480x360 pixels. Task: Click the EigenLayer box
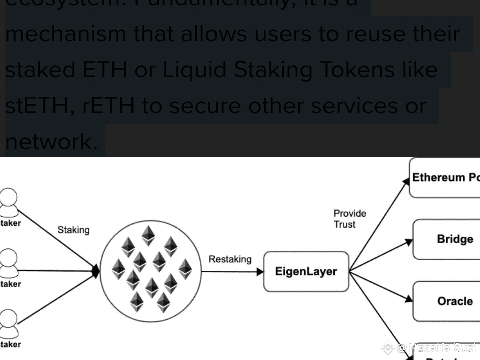(306, 272)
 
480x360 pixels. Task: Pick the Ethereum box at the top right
(445, 178)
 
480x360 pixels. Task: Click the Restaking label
(230, 259)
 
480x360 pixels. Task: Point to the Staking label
(73, 230)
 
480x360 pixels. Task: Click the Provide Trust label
(350, 219)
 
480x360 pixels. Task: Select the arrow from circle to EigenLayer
(232, 272)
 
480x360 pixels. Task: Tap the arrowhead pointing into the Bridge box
(409, 242)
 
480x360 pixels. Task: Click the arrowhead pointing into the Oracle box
(409, 299)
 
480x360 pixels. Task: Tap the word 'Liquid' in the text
(195, 70)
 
